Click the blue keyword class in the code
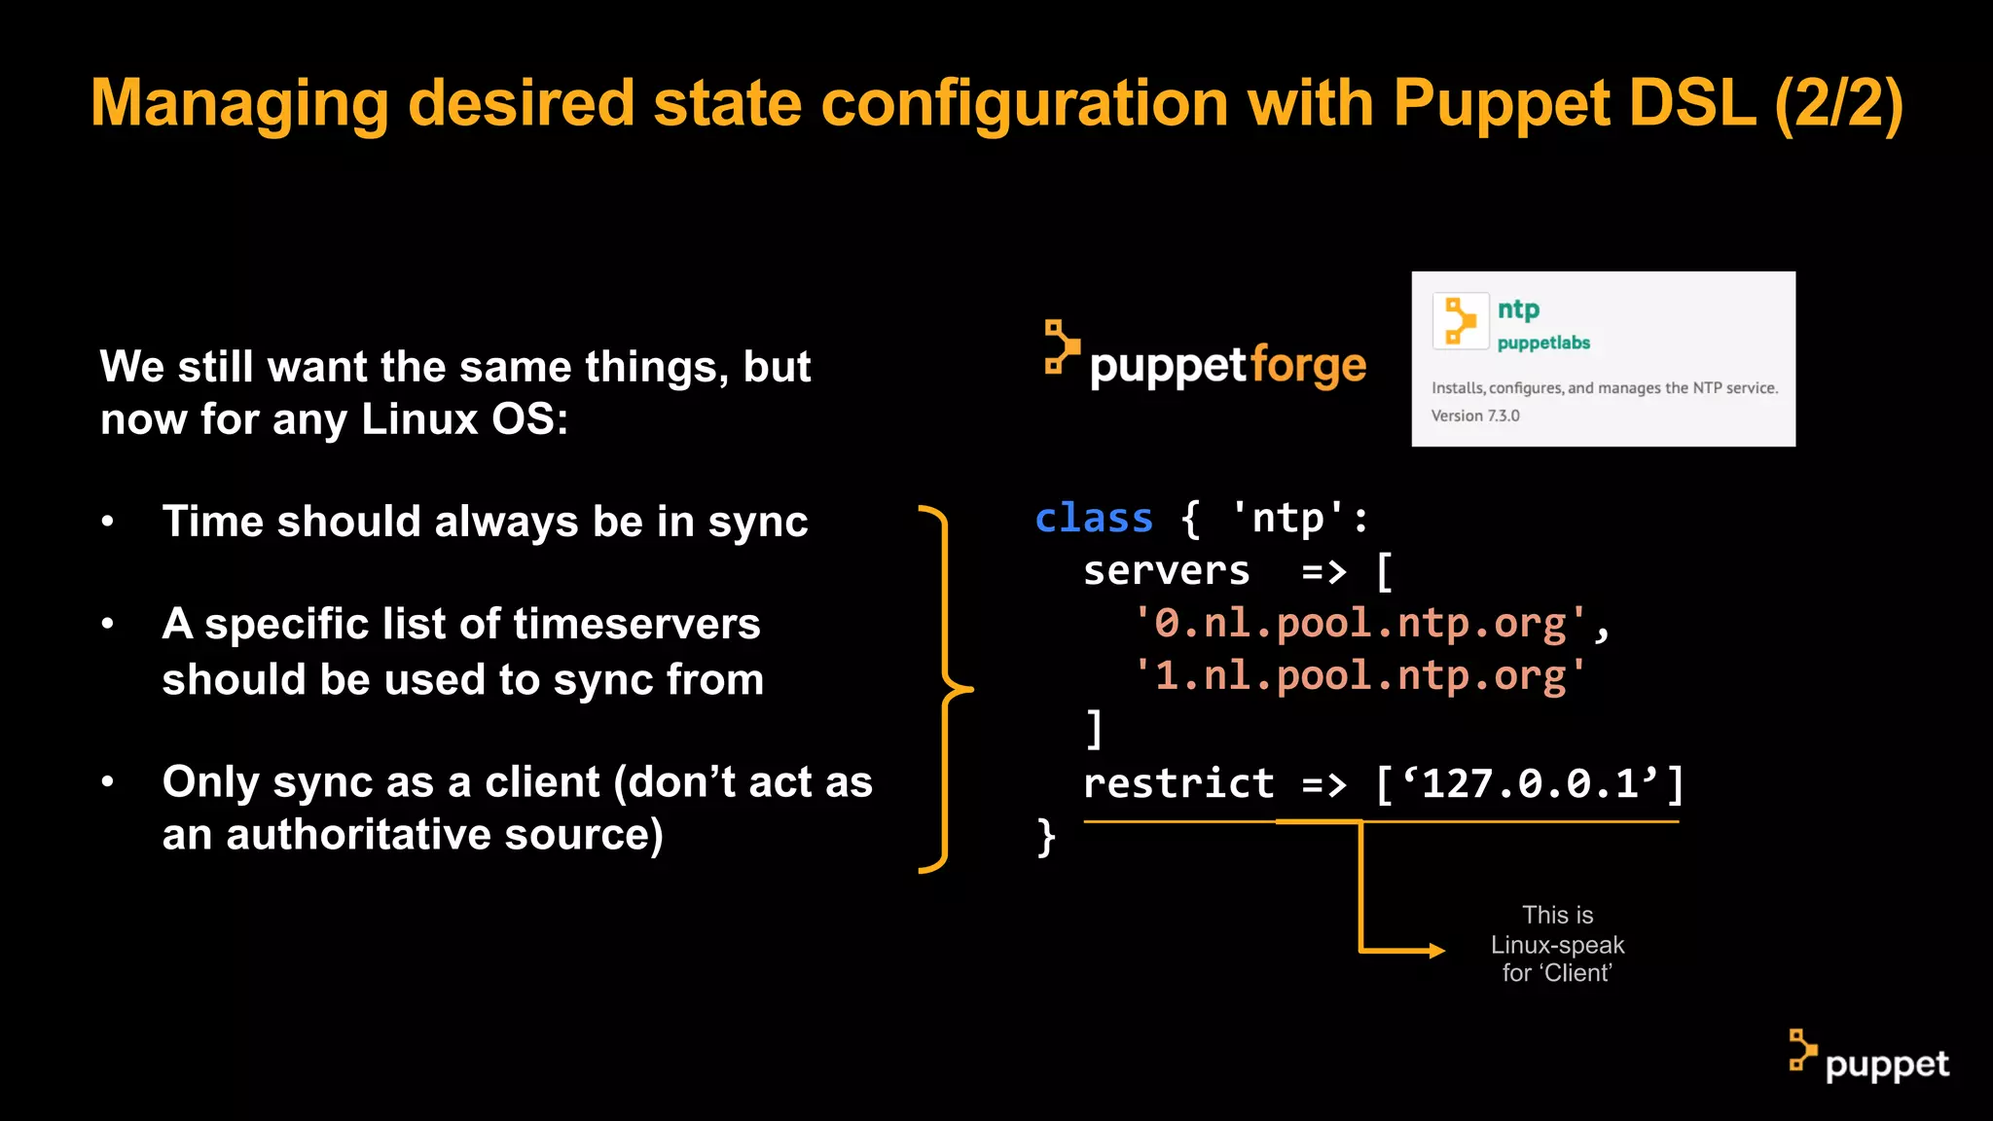1094,518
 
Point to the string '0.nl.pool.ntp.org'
1360,624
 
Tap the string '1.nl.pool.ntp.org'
1360,676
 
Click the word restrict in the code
1178,783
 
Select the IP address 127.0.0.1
1530,783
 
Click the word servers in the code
1166,571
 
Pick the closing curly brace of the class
1046,837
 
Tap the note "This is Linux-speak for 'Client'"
1557,944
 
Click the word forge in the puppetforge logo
1308,366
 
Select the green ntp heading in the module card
1518,309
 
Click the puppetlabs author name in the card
1543,343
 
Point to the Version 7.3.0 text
1475,416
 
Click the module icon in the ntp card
1460,321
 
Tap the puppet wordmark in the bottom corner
1886,1065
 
